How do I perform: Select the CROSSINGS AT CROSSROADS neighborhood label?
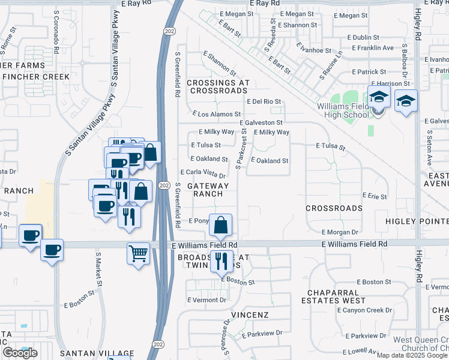(217, 86)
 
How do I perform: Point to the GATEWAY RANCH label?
(208, 190)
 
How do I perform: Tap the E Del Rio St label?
(264, 102)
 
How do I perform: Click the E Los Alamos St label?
(216, 113)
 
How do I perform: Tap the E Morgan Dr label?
(340, 232)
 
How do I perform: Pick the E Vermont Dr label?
(207, 299)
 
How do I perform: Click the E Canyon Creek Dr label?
(364, 310)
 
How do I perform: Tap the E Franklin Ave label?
(373, 47)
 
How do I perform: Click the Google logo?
(20, 353)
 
